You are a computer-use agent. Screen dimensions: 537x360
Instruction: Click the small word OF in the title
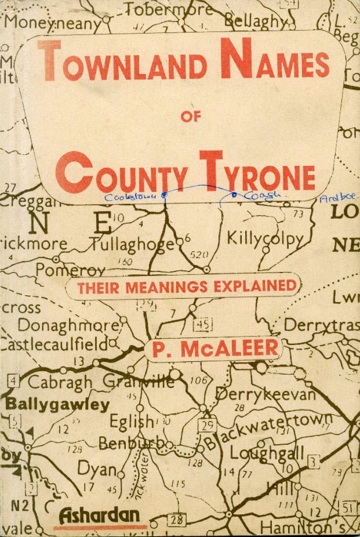coord(190,117)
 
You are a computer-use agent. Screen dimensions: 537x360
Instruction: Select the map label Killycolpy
coord(265,238)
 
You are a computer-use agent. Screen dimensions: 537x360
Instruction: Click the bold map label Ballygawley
coord(57,404)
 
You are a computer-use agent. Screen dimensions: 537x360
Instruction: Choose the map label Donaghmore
coord(68,324)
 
